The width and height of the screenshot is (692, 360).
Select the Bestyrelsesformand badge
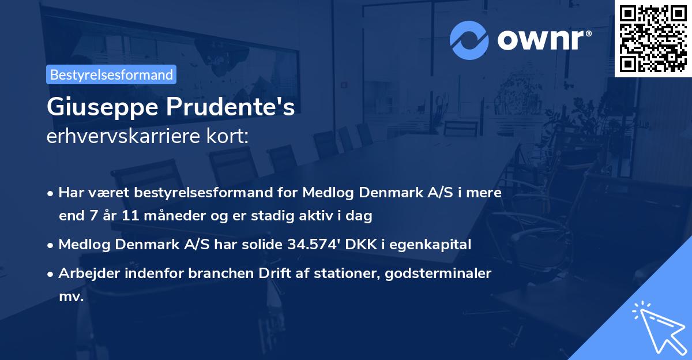[x=111, y=74]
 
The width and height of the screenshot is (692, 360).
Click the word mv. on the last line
[x=71, y=297]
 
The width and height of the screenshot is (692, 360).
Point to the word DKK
[x=359, y=245]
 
